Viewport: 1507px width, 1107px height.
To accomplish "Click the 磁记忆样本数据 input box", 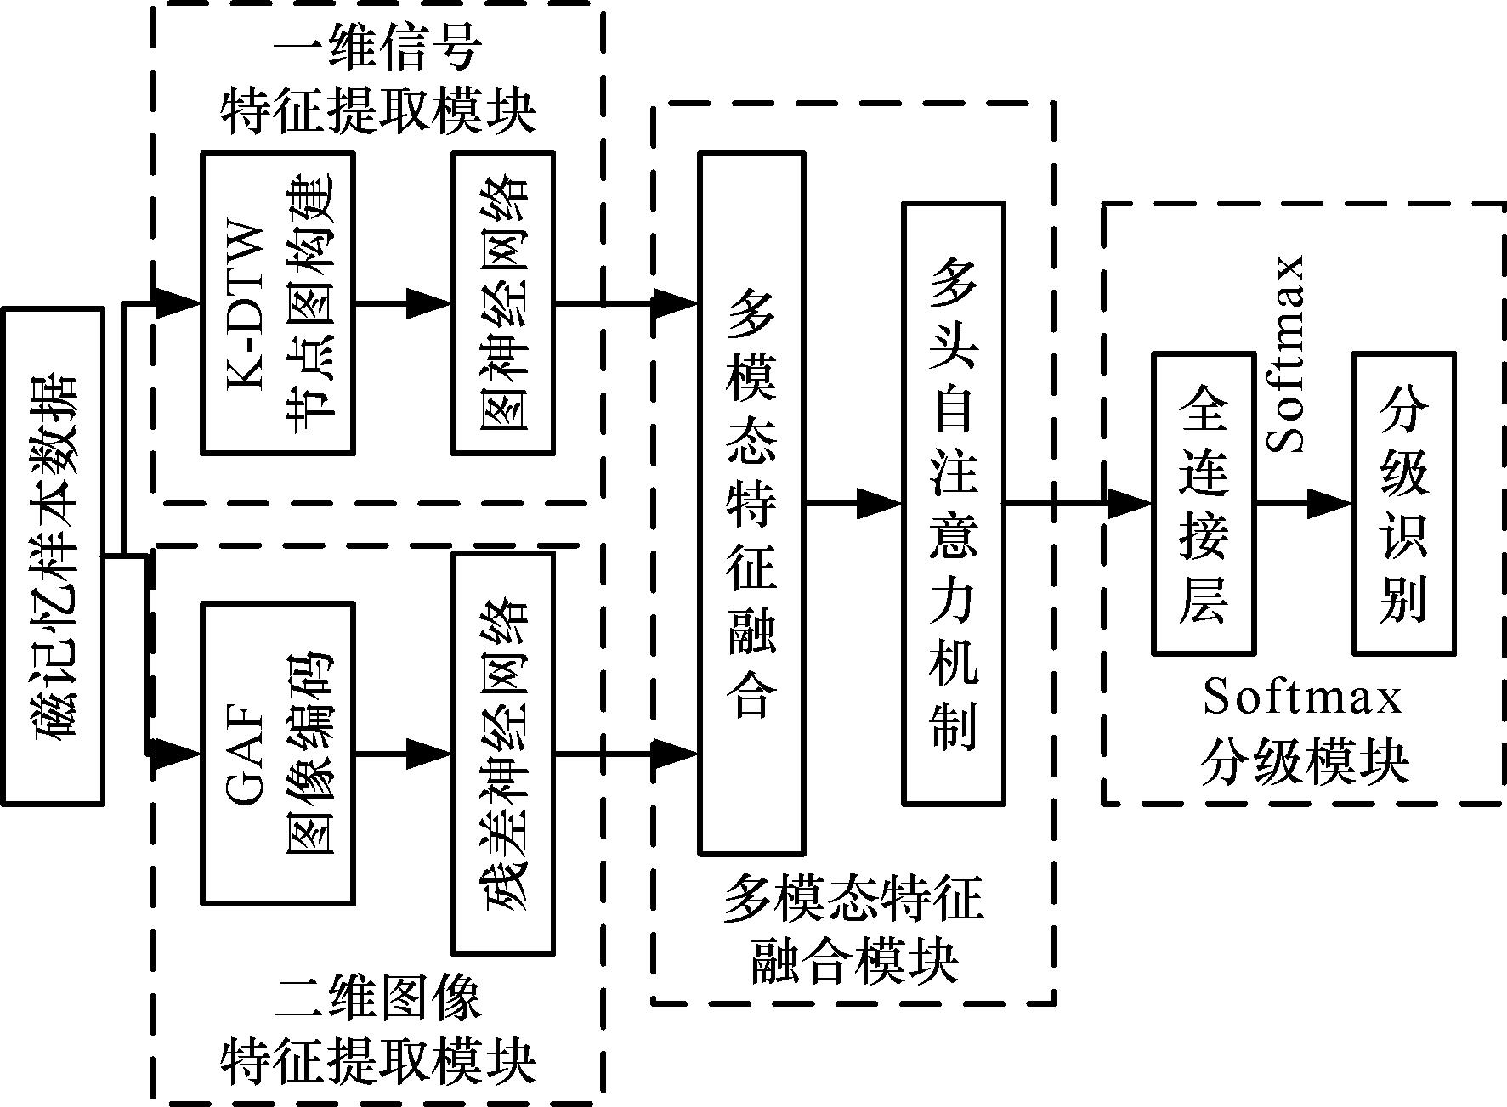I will click(x=53, y=556).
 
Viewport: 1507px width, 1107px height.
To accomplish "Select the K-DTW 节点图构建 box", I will click(x=278, y=303).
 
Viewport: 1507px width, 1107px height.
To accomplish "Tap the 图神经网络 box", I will click(x=503, y=303).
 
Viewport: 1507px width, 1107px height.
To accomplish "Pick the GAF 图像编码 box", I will click(x=278, y=753).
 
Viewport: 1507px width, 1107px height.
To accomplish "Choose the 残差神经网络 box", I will click(x=503, y=753).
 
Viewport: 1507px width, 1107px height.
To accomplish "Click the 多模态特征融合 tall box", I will click(x=751, y=503).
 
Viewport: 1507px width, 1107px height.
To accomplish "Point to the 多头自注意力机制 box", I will click(x=954, y=503).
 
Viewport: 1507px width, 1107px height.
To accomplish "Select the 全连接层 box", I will click(x=1204, y=503).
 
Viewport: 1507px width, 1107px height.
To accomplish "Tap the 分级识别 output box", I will click(x=1404, y=503).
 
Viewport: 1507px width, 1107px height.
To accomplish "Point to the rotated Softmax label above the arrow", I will click(x=1285, y=353).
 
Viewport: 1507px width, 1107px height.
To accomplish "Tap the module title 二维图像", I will click(x=379, y=999).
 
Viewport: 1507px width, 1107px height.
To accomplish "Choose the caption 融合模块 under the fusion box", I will click(x=854, y=962).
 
